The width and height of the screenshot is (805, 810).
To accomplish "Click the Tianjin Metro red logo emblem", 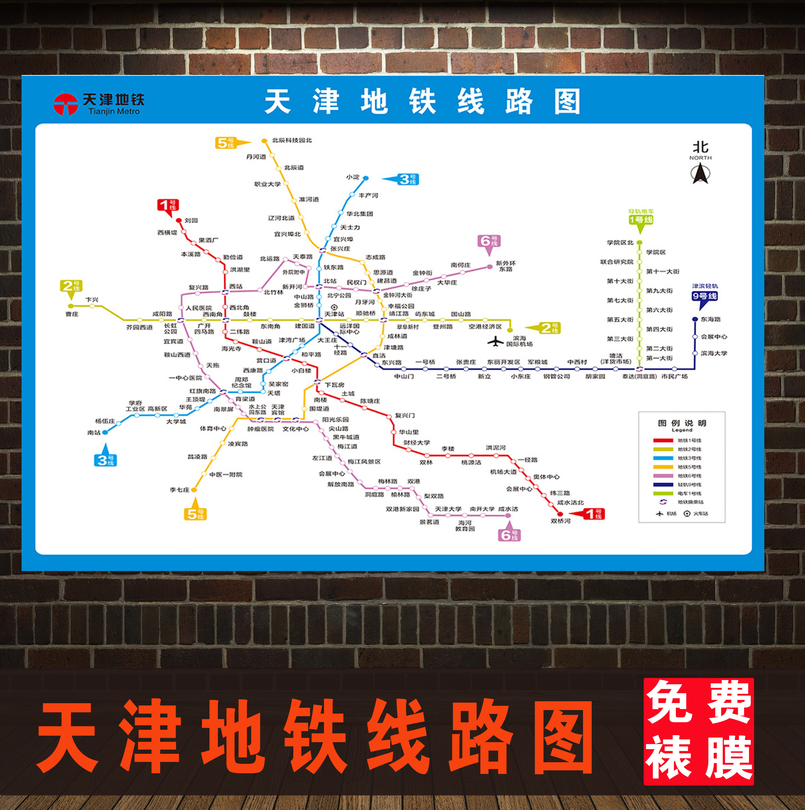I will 65,104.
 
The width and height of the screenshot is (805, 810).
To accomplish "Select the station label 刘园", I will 191,221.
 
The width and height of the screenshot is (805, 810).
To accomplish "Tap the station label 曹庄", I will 72,314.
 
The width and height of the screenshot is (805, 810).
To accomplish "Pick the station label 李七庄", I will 179,490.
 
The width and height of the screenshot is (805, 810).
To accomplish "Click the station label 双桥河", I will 560,521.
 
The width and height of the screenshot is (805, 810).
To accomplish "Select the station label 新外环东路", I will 505,266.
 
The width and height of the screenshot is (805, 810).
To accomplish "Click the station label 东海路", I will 711,319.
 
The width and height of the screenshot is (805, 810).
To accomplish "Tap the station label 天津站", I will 334,314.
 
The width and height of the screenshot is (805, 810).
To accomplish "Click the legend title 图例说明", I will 682,423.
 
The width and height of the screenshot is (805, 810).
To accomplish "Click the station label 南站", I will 94,433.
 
